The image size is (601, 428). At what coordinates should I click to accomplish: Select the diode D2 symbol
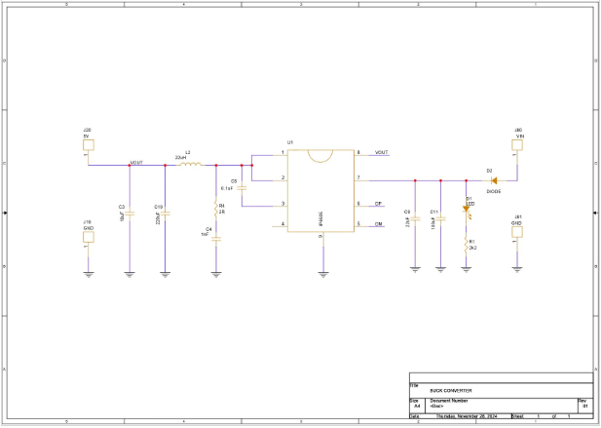pos(494,180)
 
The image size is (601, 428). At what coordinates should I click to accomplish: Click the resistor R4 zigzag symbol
pos(215,208)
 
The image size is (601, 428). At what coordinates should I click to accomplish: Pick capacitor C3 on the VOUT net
pos(130,212)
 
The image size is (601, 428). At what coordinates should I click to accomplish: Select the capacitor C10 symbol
pos(165,212)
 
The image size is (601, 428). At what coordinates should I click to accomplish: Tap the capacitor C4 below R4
pos(215,236)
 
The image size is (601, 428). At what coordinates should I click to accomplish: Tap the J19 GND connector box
pos(88,236)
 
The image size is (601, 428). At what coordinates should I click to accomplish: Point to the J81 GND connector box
pos(517,236)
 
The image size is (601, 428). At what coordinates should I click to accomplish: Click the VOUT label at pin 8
pos(381,153)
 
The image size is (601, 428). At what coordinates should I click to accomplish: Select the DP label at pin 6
pos(378,204)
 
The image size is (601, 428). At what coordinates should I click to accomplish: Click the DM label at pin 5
pos(378,224)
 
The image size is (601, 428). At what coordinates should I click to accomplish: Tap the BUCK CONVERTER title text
pos(451,389)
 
